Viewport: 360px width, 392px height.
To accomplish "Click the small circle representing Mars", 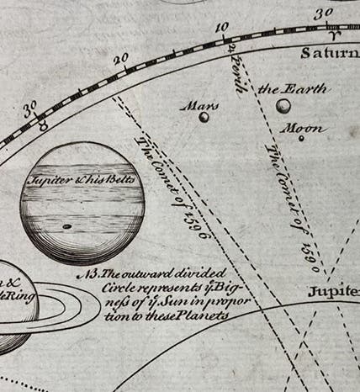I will point(204,117).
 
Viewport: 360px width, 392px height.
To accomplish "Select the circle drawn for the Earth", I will point(283,105).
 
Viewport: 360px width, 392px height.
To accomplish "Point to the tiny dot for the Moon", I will point(300,138).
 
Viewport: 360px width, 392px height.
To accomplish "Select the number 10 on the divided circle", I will point(221,27).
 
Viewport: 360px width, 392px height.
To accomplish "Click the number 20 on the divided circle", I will point(120,59).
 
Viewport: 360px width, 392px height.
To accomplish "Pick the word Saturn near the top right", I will point(331,53).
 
